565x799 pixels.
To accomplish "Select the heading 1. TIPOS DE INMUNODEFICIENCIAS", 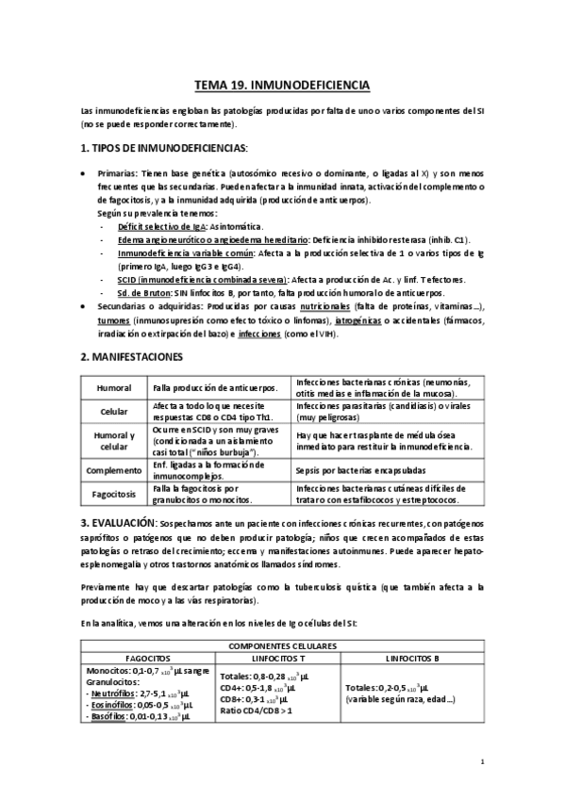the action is pos(165,148).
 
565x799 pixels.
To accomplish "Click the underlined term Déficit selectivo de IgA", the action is pos(158,228).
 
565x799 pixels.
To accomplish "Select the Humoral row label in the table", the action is pos(113,388).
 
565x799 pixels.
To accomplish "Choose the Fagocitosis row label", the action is pos(113,492).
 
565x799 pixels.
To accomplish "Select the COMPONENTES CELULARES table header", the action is pos(283,644).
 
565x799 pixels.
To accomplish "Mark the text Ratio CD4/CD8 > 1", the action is pos(258,710).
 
